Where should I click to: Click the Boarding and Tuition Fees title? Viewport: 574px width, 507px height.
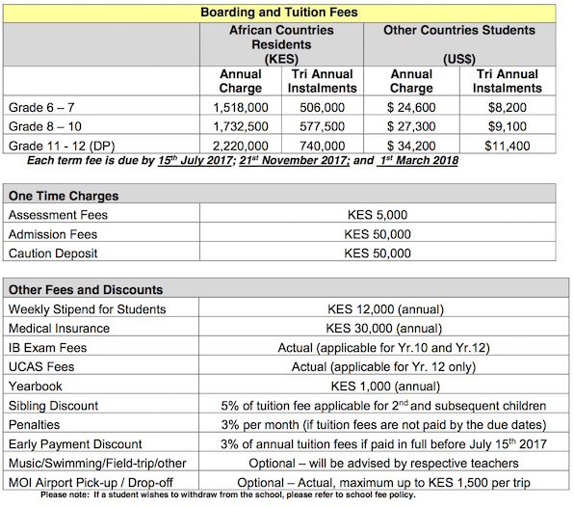tap(278, 13)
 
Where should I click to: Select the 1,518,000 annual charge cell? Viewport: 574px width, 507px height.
tap(241, 109)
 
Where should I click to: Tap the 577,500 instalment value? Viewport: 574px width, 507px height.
tap(323, 126)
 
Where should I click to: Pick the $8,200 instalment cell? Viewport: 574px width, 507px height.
tap(509, 109)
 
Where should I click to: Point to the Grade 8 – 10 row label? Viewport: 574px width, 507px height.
tap(44, 126)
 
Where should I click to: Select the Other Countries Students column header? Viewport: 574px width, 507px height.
tap(459, 30)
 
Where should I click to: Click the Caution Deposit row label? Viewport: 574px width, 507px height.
tap(54, 253)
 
